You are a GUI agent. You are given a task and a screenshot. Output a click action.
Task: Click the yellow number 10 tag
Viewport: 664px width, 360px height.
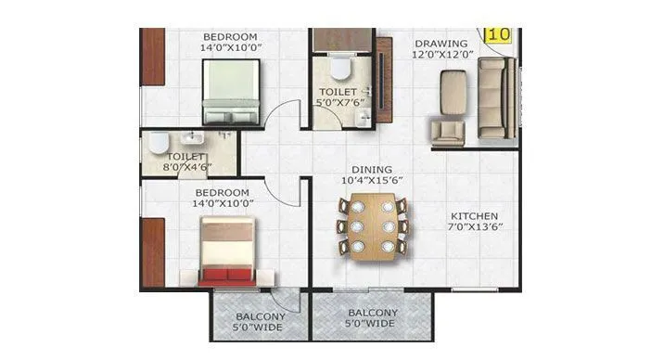click(499, 35)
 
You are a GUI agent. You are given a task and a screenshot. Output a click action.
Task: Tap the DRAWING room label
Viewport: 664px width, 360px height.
click(441, 43)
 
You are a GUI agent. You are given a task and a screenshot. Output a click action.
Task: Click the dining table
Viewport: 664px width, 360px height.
click(371, 225)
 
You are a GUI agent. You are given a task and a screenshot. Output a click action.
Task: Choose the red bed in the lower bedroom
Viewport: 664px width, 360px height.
click(228, 252)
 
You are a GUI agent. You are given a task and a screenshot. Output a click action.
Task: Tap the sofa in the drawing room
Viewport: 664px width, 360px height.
click(497, 97)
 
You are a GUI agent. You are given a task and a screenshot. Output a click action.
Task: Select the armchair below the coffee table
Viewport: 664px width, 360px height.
click(447, 133)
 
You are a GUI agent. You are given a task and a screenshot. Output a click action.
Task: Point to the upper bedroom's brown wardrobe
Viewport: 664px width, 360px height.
click(152, 57)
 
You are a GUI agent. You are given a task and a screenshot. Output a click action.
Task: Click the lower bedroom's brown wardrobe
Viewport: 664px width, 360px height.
click(152, 251)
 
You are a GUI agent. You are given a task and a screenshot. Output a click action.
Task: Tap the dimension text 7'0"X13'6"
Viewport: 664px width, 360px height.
click(477, 227)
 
